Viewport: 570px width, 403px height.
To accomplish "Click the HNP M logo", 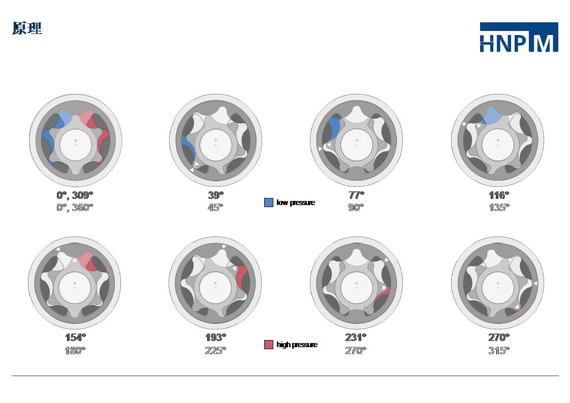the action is coord(519,37).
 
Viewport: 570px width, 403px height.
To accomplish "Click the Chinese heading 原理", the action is coord(27,28).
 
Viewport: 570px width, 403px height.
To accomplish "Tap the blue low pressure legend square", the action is coord(269,203).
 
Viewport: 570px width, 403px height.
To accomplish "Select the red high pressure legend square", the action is coord(269,345).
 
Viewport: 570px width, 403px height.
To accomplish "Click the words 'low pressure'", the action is coord(296,203).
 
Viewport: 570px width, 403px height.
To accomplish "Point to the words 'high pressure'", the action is coord(297,345).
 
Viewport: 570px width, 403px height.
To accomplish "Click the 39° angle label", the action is coord(215,195).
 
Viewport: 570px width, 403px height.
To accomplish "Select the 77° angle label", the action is coord(356,195).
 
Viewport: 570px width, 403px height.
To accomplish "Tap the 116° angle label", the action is coord(499,195).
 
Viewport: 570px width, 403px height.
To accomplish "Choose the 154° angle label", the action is coord(75,338).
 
